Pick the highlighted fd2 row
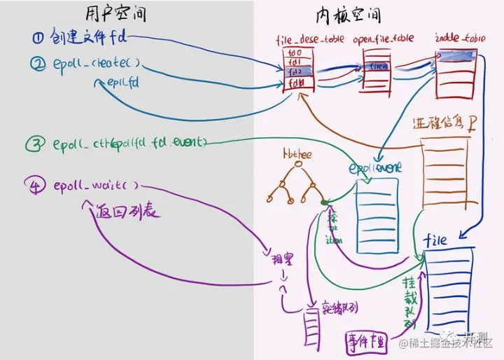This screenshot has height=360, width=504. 296,72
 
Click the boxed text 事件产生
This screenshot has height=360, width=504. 366,341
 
